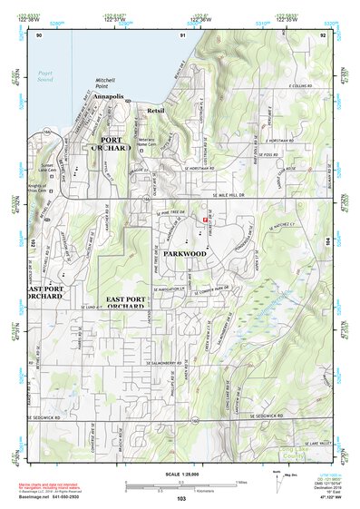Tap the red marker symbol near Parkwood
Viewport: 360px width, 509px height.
tap(206, 219)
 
